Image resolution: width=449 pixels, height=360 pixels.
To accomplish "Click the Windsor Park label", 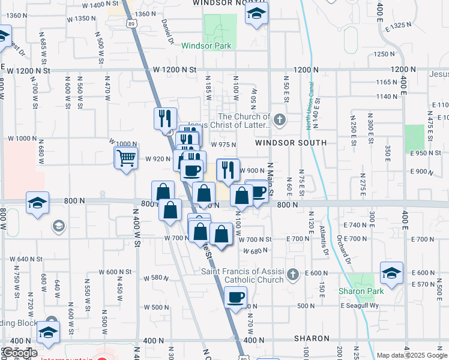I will (206, 46).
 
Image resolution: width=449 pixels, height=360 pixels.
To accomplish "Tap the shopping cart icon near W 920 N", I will (126, 158).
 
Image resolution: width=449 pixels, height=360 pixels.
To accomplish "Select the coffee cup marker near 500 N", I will (236, 297).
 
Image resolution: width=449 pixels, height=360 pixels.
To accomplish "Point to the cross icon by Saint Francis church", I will (292, 275).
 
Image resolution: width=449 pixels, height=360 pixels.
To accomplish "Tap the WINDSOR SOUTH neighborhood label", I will (291, 143).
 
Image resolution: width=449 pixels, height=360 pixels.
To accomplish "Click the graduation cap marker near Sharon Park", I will (391, 273).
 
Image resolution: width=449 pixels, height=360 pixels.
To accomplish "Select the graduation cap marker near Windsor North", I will (256, 14).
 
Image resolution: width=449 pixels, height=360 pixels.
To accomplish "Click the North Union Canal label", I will (310, 113).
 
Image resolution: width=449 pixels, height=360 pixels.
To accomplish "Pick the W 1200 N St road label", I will (175, 70).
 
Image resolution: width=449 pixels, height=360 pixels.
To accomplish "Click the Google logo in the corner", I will (19, 353).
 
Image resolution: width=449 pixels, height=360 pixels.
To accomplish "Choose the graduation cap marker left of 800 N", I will (37, 202).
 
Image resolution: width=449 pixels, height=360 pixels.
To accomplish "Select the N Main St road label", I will (271, 179).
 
